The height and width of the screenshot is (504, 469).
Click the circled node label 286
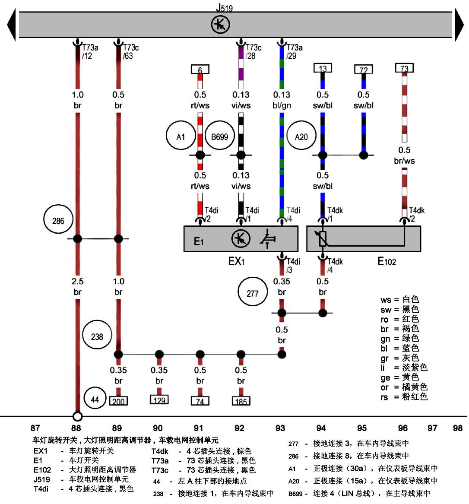pyautogui.click(x=58, y=221)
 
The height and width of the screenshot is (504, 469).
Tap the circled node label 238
pyautogui.click(x=97, y=336)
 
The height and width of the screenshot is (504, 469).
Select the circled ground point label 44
pyautogui.click(x=95, y=399)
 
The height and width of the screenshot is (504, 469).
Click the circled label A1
pyautogui.click(x=181, y=136)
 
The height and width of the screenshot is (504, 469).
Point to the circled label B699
pyautogui.click(x=219, y=136)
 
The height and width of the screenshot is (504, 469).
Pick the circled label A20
pyautogui.click(x=301, y=136)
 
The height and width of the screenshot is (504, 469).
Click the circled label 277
pyautogui.click(x=253, y=293)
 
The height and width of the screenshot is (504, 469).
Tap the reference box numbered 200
pyautogui.click(x=118, y=401)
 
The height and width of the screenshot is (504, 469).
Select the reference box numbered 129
pyautogui.click(x=159, y=400)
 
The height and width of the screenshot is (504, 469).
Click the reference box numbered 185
pyautogui.click(x=241, y=401)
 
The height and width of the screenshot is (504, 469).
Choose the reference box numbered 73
pyautogui.click(x=404, y=68)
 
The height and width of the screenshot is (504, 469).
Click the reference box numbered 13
pyautogui.click(x=323, y=68)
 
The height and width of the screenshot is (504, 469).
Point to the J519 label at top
pyautogui.click(x=224, y=7)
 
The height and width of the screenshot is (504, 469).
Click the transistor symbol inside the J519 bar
pyautogui.click(x=220, y=24)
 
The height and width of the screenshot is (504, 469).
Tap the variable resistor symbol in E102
pyautogui.click(x=323, y=238)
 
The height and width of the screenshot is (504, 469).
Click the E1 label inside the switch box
pyautogui.click(x=198, y=241)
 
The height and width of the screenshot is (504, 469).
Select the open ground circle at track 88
pyautogui.click(x=77, y=416)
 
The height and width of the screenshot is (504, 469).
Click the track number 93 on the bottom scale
pyautogui.click(x=280, y=428)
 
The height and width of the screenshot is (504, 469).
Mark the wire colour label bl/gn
pyautogui.click(x=282, y=105)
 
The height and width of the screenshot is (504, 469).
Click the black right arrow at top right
pyautogui.click(x=459, y=25)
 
